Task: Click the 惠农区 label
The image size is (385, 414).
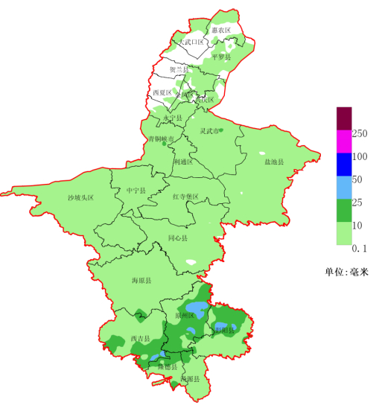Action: pyautogui.click(x=220, y=30)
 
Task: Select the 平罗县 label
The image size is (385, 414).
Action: pyautogui.click(x=221, y=57)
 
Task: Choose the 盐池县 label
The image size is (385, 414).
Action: pyautogui.click(x=274, y=161)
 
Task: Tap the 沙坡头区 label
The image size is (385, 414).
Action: pyautogui.click(x=80, y=197)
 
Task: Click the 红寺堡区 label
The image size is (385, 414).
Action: pyautogui.click(x=185, y=197)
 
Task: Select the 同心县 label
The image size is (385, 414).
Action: pyautogui.click(x=178, y=238)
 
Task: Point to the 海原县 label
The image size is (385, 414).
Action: pyautogui.click(x=141, y=281)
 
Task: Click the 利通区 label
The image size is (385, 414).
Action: pyautogui.click(x=183, y=161)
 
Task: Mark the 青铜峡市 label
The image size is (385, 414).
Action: pyautogui.click(x=161, y=139)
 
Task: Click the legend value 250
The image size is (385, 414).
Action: pyautogui.click(x=360, y=133)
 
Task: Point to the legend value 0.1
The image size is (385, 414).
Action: pyautogui.click(x=360, y=247)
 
